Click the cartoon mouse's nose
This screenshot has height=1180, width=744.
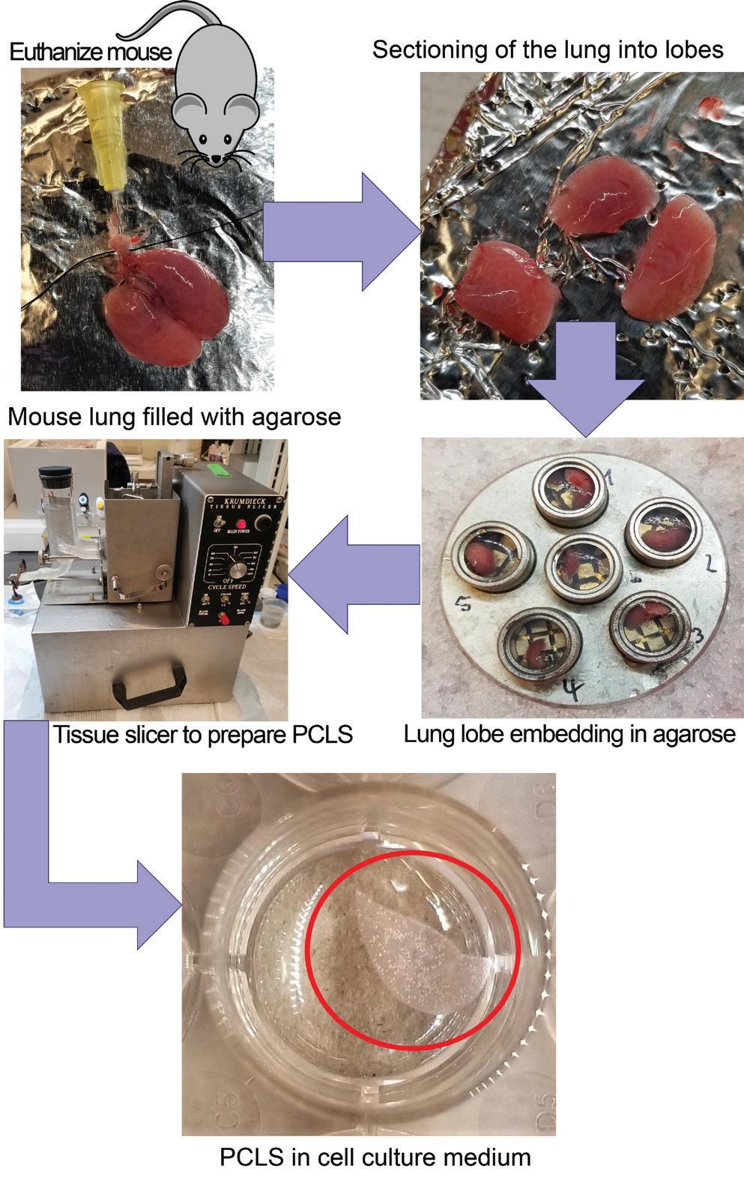click(x=216, y=158)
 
